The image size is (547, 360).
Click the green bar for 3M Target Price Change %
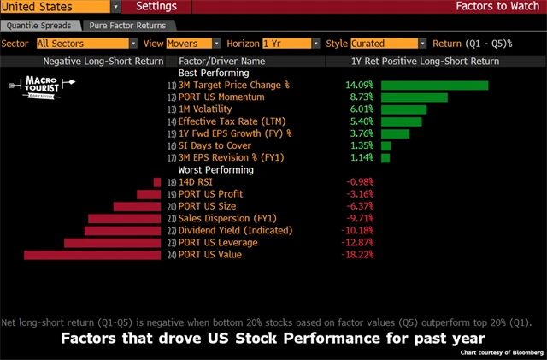[434, 86]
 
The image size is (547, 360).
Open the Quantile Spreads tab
[42, 27]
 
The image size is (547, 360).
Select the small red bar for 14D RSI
[157, 182]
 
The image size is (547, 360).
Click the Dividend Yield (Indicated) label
[235, 231]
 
